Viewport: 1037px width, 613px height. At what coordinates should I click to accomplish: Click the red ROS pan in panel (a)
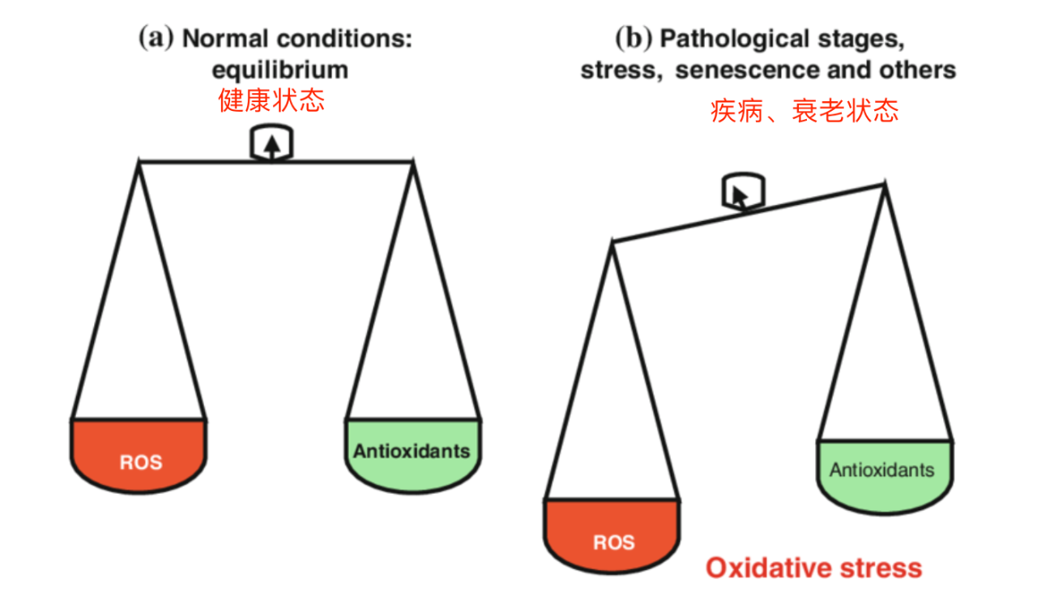(139, 456)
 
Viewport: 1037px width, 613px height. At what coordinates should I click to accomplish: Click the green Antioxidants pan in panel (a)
(413, 456)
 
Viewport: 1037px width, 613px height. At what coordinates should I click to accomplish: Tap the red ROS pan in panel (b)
(612, 536)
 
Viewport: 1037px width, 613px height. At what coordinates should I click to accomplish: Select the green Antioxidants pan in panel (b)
(885, 477)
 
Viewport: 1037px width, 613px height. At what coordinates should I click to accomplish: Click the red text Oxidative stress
(814, 568)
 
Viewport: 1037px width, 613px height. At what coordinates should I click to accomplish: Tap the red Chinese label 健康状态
(271, 100)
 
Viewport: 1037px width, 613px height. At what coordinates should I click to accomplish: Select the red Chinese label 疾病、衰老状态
(804, 111)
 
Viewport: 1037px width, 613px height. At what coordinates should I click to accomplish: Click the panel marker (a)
(156, 37)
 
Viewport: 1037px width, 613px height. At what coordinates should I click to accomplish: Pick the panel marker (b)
(634, 37)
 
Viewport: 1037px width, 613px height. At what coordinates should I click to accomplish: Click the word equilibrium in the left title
(280, 70)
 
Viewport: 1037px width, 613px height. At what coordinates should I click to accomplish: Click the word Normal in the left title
(225, 38)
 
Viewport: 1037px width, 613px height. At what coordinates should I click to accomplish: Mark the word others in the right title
(918, 70)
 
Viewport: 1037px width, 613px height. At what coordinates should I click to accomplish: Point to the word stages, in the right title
(861, 40)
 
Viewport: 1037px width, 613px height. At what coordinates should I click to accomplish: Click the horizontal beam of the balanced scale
(276, 161)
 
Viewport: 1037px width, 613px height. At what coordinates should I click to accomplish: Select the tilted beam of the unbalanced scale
(748, 213)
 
